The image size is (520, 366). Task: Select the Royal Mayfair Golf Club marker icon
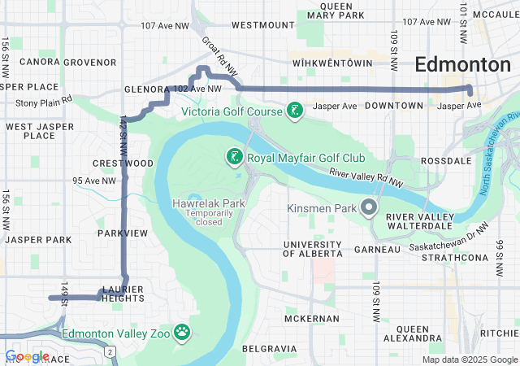click(x=233, y=156)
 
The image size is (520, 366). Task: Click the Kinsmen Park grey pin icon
click(x=369, y=208)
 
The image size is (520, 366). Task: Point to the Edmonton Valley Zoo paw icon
click(x=184, y=331)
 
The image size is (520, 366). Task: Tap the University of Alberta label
click(x=312, y=249)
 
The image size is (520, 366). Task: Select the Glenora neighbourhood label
click(x=145, y=89)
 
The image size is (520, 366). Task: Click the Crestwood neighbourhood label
click(x=123, y=163)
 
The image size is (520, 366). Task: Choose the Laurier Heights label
click(x=123, y=294)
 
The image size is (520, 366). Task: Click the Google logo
click(x=26, y=356)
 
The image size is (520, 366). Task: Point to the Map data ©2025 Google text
click(x=469, y=360)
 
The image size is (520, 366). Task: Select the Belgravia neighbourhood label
click(x=269, y=348)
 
